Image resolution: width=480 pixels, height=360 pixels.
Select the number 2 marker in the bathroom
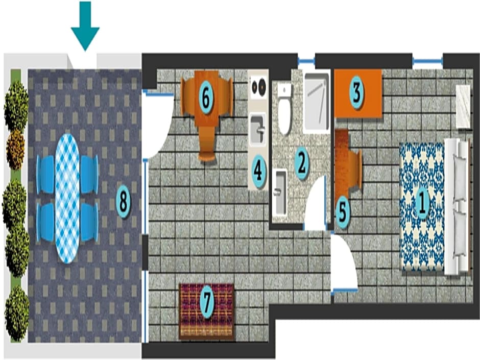tap(301, 163)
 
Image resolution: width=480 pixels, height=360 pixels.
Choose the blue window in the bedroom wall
tap(427, 61)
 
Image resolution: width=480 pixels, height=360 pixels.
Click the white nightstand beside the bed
tap(463, 107)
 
